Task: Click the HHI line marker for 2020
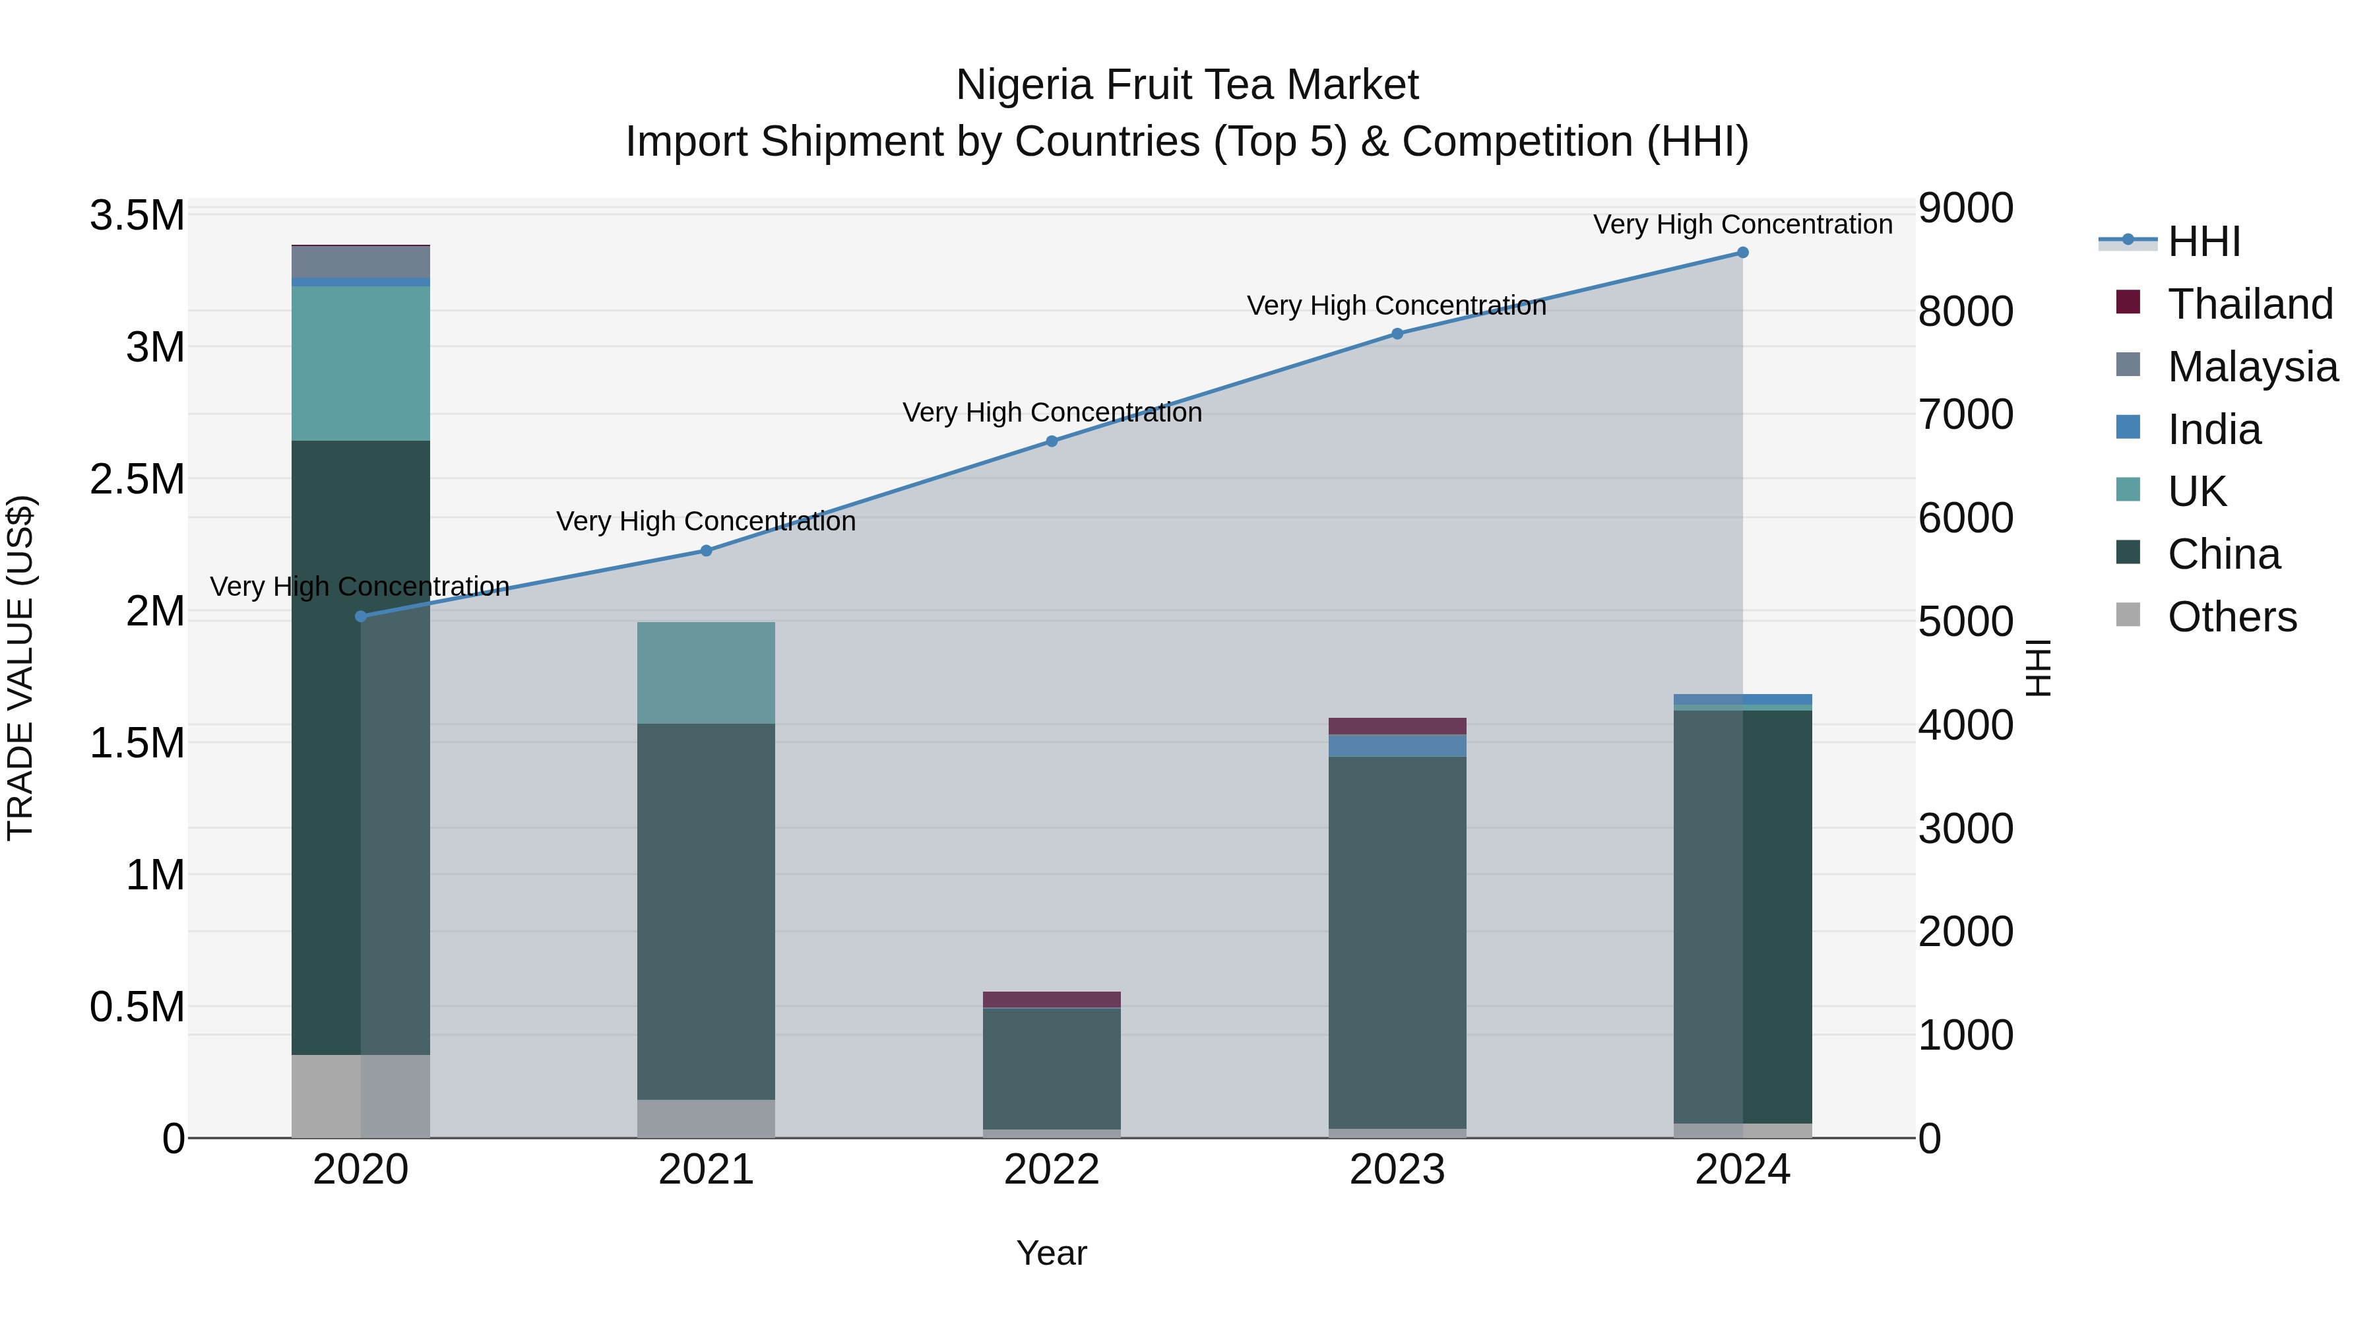tap(360, 616)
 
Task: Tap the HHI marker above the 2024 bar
tap(1742, 253)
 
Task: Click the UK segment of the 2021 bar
tap(705, 672)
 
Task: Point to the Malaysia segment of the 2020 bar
tap(360, 262)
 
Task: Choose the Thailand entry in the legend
tap(2250, 304)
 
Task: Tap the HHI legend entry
tap(2203, 241)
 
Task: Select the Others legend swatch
tap(2128, 615)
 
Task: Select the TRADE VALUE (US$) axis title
tap(20, 668)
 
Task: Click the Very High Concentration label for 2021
tap(705, 521)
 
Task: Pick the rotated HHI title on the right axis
tap(2039, 668)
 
